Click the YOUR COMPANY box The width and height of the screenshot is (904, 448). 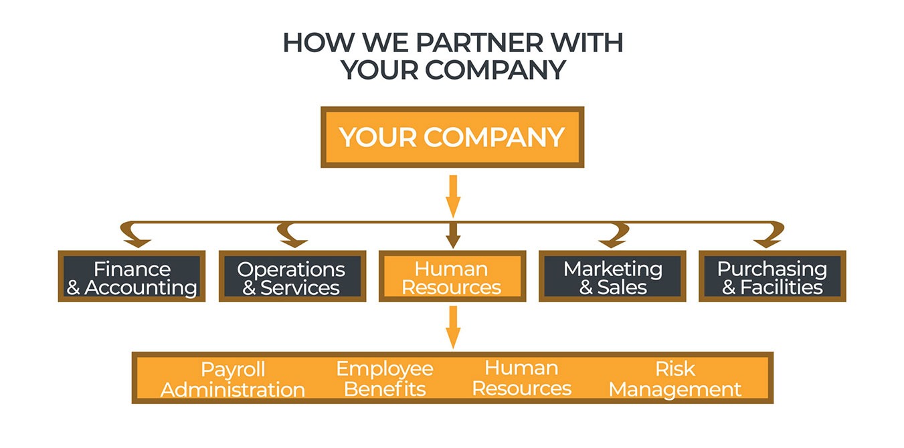452,137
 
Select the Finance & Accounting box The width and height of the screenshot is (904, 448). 132,277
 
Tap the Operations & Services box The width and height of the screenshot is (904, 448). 292,277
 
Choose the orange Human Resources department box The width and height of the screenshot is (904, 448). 452,277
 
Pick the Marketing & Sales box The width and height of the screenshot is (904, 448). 612,277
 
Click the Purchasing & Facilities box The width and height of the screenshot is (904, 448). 772,277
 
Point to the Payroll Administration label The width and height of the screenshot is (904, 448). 233,378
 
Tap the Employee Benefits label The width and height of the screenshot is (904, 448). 385,378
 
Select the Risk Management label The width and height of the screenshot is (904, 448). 675,378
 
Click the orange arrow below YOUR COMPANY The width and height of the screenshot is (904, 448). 453,196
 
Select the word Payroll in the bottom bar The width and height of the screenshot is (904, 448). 233,369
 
